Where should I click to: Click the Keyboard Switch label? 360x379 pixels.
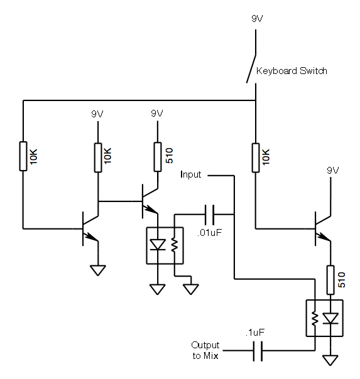pos(292,71)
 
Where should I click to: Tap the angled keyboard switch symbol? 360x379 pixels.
pos(251,69)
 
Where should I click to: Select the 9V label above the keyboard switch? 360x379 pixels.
pos(257,19)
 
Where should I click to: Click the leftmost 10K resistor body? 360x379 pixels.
pos(23,156)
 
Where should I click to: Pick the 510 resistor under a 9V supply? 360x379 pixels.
pos(158,157)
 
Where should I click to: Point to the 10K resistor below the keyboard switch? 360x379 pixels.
pos(256,158)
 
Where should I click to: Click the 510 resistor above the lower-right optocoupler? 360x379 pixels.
pos(330,280)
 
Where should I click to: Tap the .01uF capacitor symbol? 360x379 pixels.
pos(209,215)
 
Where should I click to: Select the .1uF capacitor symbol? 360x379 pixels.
pos(258,351)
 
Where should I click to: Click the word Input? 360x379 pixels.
pos(190,174)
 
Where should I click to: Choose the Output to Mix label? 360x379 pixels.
pos(205,350)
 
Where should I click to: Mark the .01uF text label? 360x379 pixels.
pos(209,233)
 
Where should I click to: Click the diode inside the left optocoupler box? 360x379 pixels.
pos(158,245)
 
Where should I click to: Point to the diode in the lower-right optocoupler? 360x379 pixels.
pos(330,318)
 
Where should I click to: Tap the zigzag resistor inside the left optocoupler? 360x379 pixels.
pos(175,245)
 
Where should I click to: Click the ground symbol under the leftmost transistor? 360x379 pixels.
pos(98,270)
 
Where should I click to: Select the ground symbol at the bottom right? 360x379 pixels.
pos(330,360)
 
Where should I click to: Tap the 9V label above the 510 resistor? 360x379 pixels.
pos(157,114)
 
